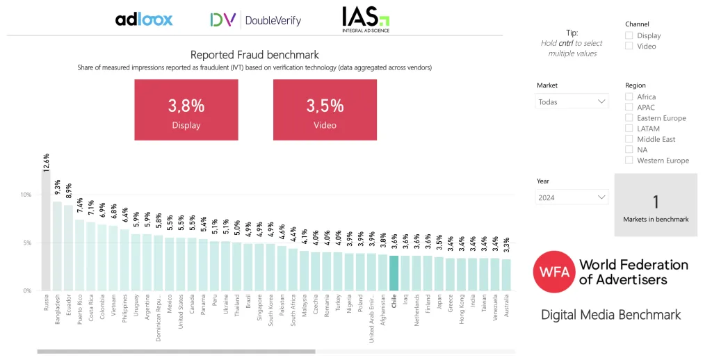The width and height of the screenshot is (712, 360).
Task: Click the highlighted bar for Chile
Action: coord(394,272)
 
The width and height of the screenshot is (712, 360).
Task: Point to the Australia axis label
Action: coord(506,306)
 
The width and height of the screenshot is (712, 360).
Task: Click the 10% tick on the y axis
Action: coord(26,195)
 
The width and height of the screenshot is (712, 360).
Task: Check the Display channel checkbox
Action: coord(629,35)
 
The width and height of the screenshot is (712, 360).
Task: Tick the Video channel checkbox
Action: coord(629,46)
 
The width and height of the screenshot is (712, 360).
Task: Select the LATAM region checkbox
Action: coord(629,129)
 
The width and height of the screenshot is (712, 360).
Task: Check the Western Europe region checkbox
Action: coord(629,161)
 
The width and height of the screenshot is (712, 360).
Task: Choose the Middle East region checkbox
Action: coord(629,139)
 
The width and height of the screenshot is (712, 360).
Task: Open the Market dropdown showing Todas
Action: coord(572,101)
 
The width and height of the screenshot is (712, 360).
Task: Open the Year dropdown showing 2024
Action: coord(572,197)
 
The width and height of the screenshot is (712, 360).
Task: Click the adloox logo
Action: coord(144,19)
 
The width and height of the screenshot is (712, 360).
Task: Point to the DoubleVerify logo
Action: coord(256,20)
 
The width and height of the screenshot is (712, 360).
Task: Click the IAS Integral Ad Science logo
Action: coord(366,19)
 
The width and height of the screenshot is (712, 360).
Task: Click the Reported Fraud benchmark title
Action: coord(254,55)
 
